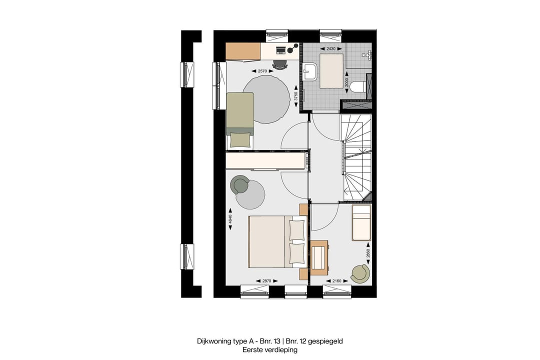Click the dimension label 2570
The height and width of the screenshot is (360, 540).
pos(262,71)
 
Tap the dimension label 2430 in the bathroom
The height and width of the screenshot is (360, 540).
pos(331,49)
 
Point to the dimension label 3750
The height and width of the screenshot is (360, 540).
pos(295,96)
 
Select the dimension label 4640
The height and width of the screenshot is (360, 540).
pos(230,220)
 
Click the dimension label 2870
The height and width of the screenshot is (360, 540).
pos(266,281)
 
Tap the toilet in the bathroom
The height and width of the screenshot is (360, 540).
pos(357,87)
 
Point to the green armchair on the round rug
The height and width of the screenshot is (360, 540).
pos(240,185)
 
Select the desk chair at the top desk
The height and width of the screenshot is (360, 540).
pos(279,64)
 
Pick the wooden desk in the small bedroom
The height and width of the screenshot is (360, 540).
pos(318,257)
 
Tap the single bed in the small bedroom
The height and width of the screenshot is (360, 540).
pos(361,222)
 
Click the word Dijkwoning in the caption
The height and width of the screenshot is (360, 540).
pos(214,341)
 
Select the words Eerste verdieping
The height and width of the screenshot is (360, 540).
pos(270,350)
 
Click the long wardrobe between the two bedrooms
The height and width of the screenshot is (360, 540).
pos(266,161)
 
